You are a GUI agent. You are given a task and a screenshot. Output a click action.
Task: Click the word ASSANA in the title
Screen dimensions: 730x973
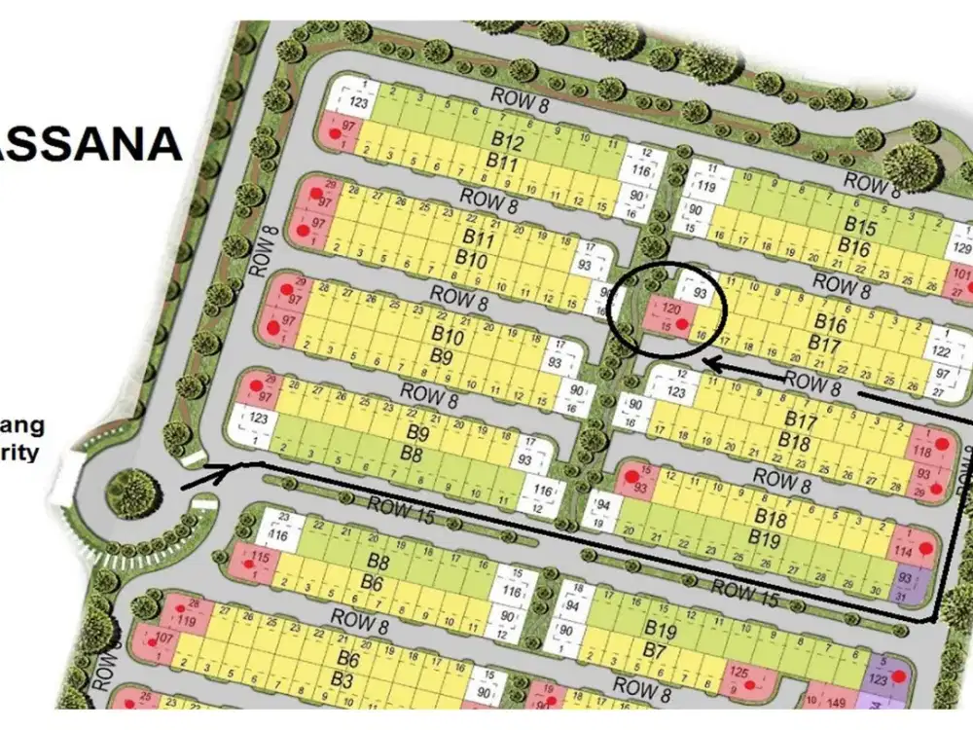(92, 143)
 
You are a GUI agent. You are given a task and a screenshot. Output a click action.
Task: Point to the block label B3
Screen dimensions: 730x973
(342, 678)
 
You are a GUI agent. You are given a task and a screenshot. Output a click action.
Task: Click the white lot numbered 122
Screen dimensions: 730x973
(940, 351)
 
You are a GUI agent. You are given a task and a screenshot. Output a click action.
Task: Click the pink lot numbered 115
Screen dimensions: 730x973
(259, 558)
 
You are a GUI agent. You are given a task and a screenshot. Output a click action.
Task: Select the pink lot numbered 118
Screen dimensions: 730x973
(924, 451)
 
